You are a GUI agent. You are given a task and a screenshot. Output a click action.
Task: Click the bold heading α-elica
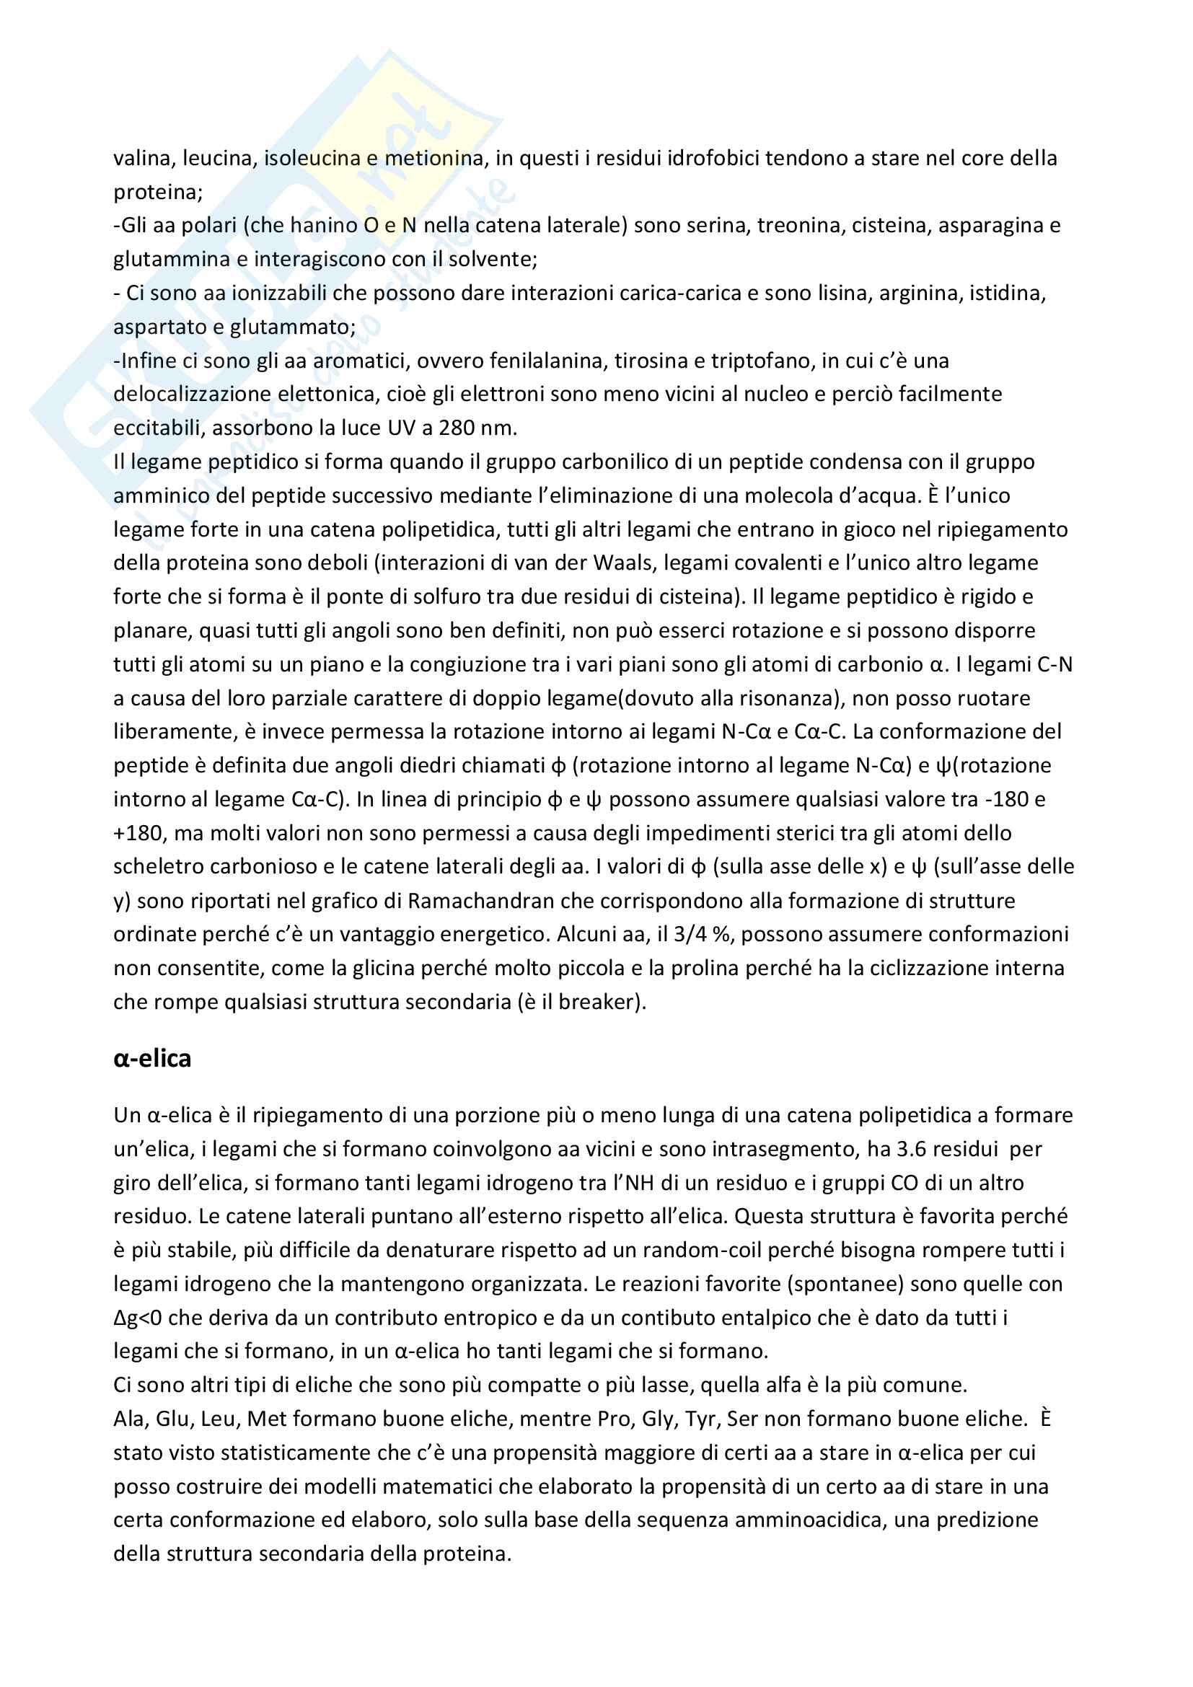tap(152, 1059)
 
